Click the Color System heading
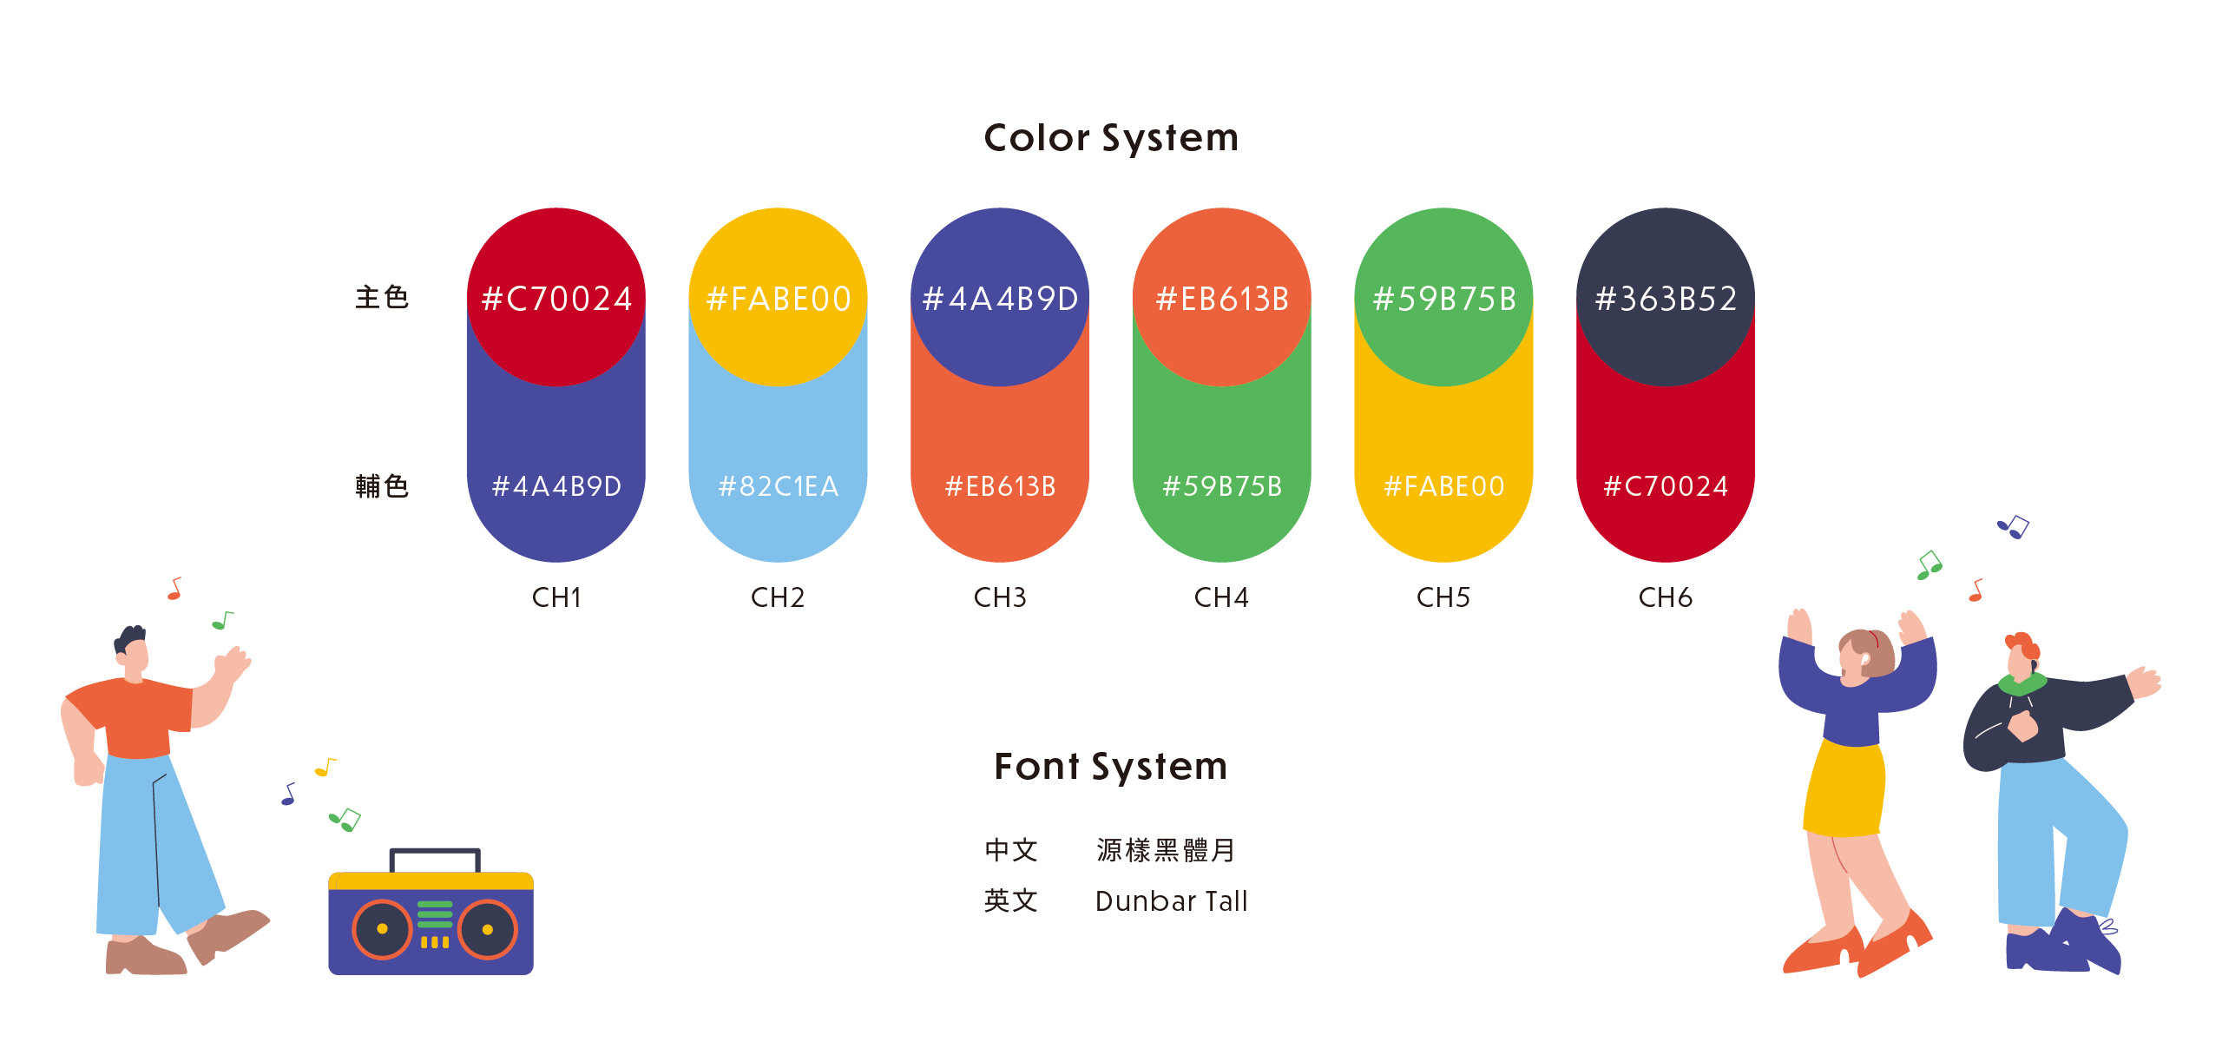[x=1111, y=138]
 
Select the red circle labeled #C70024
[x=556, y=297]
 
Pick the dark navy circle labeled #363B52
[x=1666, y=297]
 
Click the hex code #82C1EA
[x=779, y=486]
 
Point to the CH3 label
[x=1000, y=597]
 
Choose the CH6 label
[x=1666, y=597]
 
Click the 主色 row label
[x=382, y=298]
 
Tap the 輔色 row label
[x=382, y=486]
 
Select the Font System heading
[x=1111, y=766]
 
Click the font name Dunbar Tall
[x=1172, y=901]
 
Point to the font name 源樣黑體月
[x=1166, y=850]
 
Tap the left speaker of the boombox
[x=382, y=929]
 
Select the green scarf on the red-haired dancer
[x=2022, y=685]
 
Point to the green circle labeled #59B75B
[x=1443, y=297]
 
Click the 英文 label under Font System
[x=1011, y=900]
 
